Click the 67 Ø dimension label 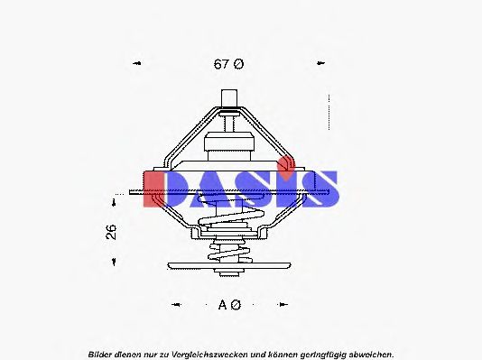click(228, 64)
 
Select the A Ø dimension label click(229, 305)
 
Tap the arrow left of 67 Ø click(137, 64)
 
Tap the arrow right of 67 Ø click(320, 64)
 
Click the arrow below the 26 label click(114, 263)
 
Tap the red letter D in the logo click(162, 189)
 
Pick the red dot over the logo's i click(286, 164)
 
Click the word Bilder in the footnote click(102, 354)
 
